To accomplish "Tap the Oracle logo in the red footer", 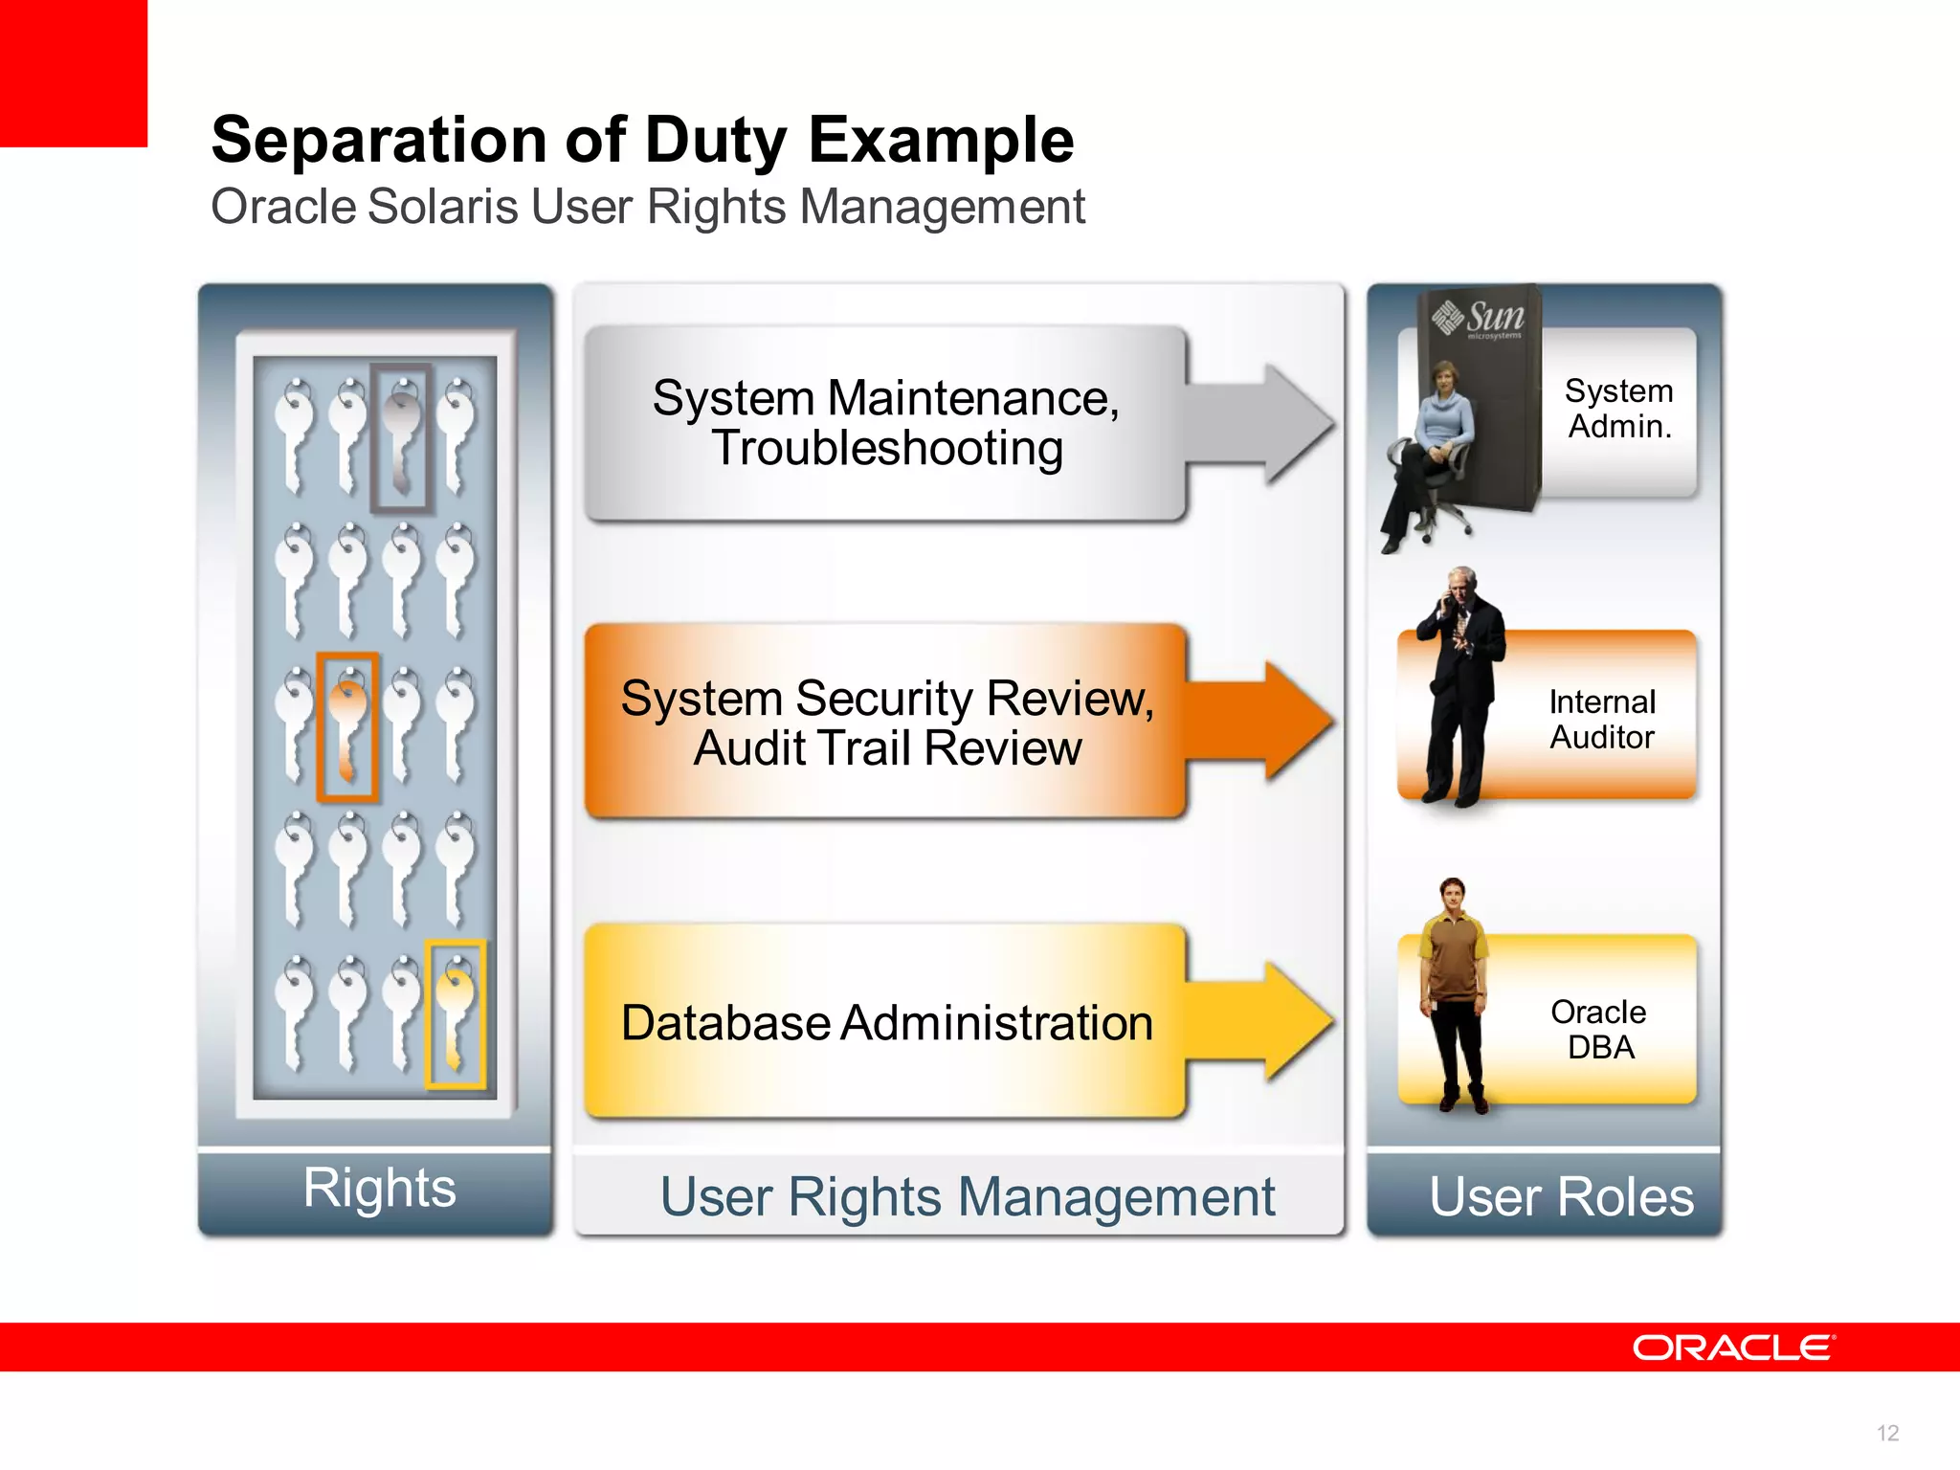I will pyautogui.click(x=1733, y=1347).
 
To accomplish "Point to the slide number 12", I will pyautogui.click(x=1887, y=1433).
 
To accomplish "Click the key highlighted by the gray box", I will pyautogui.click(x=401, y=436).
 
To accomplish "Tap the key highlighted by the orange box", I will pyautogui.click(x=347, y=726).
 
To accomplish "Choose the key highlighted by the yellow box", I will pyautogui.click(x=456, y=1014).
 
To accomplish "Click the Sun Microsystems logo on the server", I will pyautogui.click(x=1479, y=318).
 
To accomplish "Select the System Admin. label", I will pyautogui.click(x=1619, y=409).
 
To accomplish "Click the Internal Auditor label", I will pyautogui.click(x=1602, y=720).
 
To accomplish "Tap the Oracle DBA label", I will pyautogui.click(x=1599, y=1029).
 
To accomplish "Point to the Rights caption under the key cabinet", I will pyautogui.click(x=379, y=1188).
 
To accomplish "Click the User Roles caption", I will pyautogui.click(x=1561, y=1196).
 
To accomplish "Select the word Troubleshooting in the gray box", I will pyautogui.click(x=887, y=449).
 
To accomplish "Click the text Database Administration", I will pyautogui.click(x=886, y=1022).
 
